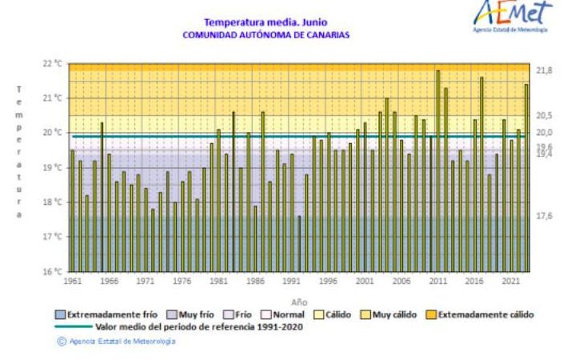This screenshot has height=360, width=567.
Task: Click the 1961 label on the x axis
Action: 72,282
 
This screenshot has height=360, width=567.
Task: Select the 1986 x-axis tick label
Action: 254,282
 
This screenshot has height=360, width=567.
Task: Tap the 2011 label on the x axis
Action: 437,282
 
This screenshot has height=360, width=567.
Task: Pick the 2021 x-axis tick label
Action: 509,282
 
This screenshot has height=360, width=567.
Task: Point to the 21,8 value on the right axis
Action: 544,71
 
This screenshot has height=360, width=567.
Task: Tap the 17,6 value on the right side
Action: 544,216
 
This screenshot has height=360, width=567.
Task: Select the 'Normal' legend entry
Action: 286,314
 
